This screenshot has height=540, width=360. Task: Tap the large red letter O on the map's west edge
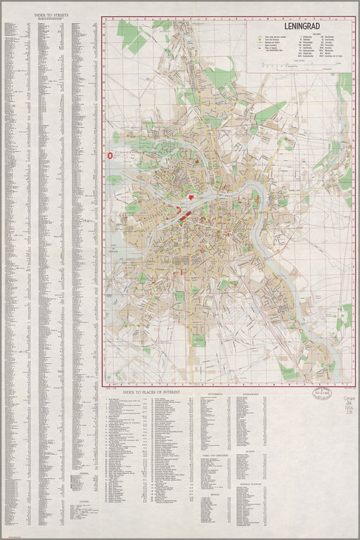109,155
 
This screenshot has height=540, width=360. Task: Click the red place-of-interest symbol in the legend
260,49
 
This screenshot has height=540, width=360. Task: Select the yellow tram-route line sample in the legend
260,37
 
